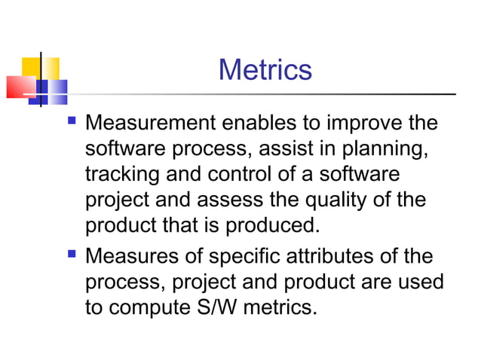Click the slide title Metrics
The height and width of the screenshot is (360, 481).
click(x=265, y=70)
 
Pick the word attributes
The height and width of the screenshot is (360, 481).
click(x=339, y=256)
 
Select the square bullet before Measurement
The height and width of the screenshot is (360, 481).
click(x=72, y=120)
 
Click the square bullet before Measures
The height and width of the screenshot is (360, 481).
click(x=72, y=254)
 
